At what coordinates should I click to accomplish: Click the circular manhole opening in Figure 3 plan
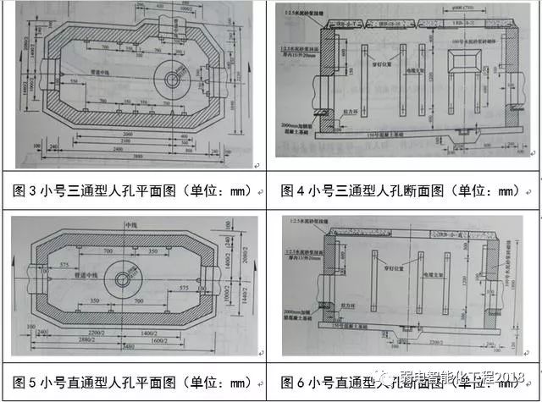coord(174,80)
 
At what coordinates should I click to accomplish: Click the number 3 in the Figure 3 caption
coord(41,191)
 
